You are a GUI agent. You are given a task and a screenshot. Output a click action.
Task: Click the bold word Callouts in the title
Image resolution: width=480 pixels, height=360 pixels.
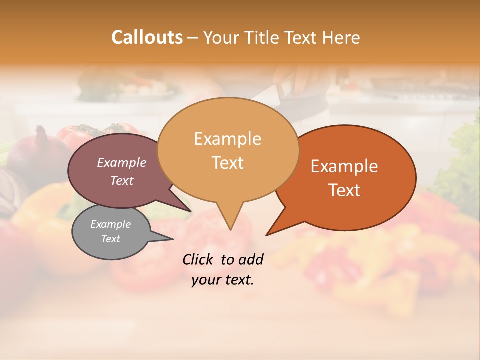(147, 37)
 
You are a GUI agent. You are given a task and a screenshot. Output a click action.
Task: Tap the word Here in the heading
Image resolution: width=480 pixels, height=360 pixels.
(341, 37)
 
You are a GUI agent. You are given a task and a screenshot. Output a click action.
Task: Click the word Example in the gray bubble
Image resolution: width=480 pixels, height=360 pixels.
(110, 224)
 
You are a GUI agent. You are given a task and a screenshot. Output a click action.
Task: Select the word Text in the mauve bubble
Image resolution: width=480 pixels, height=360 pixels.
(122, 180)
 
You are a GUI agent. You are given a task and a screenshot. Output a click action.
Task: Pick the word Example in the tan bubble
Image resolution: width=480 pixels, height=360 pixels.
(227, 139)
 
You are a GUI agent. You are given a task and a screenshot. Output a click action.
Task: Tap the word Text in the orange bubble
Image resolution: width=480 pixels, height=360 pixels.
(344, 190)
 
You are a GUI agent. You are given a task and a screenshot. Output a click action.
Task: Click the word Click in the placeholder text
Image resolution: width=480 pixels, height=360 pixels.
(197, 259)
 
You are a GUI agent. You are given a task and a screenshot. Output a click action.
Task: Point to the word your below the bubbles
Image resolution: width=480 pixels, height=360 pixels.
(205, 280)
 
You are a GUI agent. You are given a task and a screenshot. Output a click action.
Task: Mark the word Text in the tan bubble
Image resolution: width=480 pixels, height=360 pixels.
(227, 163)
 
